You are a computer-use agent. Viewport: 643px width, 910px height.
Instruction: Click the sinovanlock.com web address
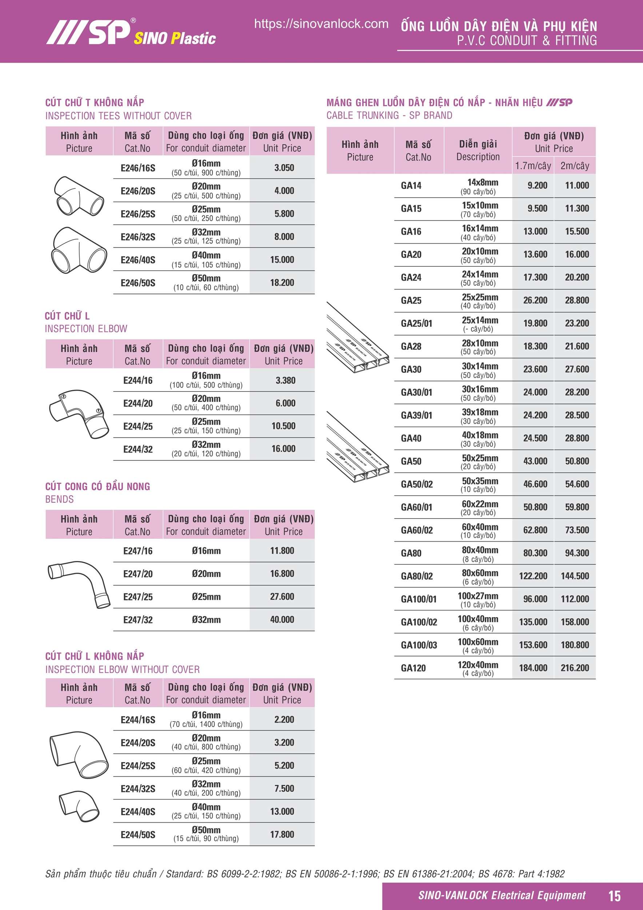click(x=321, y=24)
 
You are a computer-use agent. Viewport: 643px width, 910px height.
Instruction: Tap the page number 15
click(x=614, y=895)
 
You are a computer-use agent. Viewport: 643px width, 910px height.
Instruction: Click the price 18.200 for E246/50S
click(x=282, y=283)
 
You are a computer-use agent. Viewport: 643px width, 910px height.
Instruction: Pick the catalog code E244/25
click(x=138, y=426)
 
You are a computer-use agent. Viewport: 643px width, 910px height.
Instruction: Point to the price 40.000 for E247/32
click(x=282, y=620)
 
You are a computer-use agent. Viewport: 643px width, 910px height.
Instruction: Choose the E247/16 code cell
click(x=138, y=551)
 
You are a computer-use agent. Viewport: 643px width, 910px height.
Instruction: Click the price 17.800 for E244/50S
click(x=282, y=834)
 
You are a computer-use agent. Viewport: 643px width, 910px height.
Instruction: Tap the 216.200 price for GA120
click(x=575, y=668)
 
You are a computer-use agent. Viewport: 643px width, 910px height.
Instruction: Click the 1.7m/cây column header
click(x=533, y=166)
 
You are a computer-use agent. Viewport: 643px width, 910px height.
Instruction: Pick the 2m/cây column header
click(x=575, y=166)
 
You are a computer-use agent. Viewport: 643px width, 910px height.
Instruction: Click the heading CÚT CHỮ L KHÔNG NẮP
click(x=95, y=656)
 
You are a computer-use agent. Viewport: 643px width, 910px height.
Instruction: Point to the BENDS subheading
click(x=59, y=499)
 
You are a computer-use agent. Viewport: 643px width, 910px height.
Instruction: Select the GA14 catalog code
click(x=411, y=186)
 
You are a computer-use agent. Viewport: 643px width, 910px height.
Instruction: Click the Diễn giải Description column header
click(x=478, y=150)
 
